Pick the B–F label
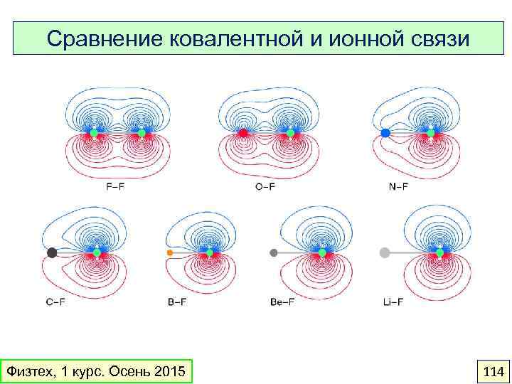tap(177, 302)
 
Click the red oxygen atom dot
tap(243, 133)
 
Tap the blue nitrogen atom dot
tap(385, 133)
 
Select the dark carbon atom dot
tap(52, 252)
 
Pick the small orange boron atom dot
tap(169, 252)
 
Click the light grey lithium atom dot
tap(385, 252)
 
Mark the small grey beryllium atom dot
tap(274, 252)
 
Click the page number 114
tap(493, 371)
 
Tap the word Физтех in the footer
tap(27, 371)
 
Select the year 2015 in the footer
tap(168, 371)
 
